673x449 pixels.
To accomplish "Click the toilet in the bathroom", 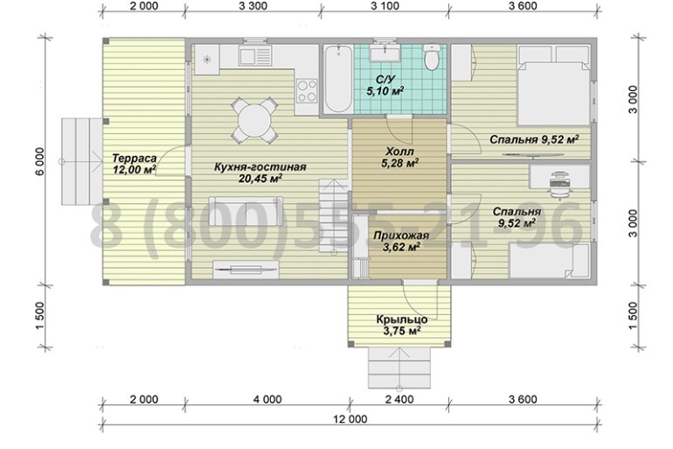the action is point(432,56).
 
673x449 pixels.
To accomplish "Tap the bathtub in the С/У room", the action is point(338,79).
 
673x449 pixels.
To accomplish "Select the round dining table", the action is point(254,121).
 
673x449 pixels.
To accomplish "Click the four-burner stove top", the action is point(307,91).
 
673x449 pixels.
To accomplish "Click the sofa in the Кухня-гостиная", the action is point(246,211).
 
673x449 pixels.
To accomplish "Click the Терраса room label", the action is point(134,158).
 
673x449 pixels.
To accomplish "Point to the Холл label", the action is point(399,151).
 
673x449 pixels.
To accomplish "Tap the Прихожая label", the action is point(401,235).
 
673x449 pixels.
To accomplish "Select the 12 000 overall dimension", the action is point(350,419).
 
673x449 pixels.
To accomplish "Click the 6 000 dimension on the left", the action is point(39,162).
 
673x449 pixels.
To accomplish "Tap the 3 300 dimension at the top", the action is point(253,5).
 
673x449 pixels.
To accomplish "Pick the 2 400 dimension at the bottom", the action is point(399,400).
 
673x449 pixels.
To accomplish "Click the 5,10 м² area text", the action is point(385,91).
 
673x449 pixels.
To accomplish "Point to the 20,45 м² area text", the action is point(260,178).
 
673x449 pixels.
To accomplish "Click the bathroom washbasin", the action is point(386,53).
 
